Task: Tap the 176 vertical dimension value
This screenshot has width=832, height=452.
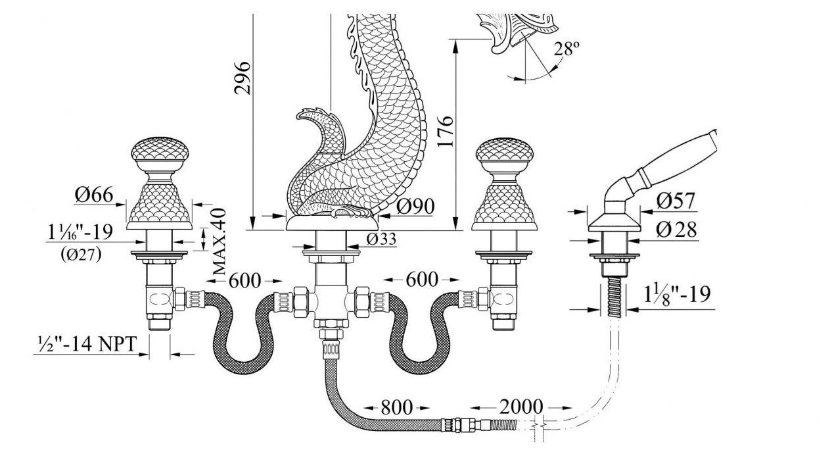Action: pos(445,131)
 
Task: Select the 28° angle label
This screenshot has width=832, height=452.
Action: pos(566,49)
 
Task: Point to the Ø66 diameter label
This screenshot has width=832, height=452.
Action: pos(93,195)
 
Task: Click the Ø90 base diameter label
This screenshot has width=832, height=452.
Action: pos(415,207)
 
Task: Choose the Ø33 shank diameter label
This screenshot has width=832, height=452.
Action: pos(381,239)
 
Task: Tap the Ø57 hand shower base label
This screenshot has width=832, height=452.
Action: pos(675,201)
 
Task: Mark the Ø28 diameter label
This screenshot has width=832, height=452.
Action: pos(676,230)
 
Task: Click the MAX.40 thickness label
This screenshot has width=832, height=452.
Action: pos(220,241)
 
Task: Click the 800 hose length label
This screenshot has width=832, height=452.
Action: pos(397,408)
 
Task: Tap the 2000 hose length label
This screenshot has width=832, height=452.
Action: pos(521,407)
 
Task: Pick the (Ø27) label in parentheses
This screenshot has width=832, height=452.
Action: pos(81,255)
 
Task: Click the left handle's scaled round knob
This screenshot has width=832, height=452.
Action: pos(160,151)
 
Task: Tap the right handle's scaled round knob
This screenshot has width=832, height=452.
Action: pos(505,151)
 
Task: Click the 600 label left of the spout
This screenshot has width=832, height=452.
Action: pos(244,281)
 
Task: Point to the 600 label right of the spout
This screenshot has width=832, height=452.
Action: pos(421,280)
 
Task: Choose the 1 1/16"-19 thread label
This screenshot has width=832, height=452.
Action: pos(80,232)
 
